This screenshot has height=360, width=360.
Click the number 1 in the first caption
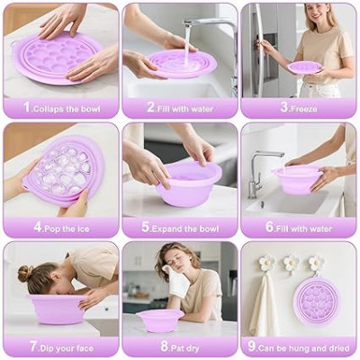(27, 107)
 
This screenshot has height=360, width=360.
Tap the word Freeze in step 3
(303, 109)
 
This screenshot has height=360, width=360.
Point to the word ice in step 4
(83, 229)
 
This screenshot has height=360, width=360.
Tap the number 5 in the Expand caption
(146, 227)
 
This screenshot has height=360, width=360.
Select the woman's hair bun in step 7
(25, 274)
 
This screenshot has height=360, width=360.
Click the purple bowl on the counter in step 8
(159, 319)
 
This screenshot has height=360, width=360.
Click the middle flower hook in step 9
(292, 264)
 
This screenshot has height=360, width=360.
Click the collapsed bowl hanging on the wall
(317, 301)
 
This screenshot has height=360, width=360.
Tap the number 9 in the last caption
(252, 346)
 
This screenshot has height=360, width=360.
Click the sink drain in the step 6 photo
(262, 204)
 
